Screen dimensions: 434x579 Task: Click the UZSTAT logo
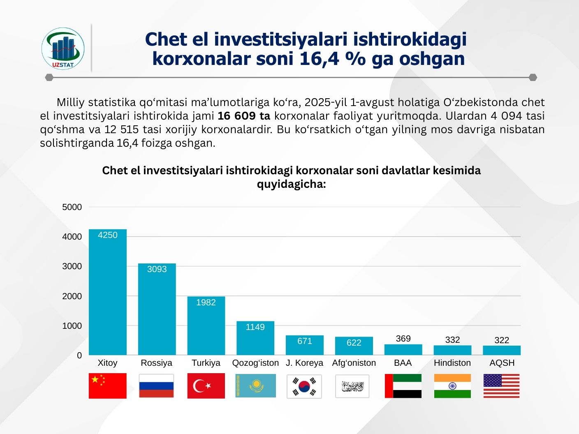[63, 48]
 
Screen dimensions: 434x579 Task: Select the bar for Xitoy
[108, 292]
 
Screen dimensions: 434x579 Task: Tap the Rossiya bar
[157, 309]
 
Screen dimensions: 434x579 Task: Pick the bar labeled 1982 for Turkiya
[206, 325]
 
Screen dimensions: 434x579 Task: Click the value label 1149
[255, 327]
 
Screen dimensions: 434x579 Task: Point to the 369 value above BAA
[403, 339]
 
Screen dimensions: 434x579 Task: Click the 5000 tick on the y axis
[72, 207]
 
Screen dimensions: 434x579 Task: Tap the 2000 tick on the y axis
[72, 296]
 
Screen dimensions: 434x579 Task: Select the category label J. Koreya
[304, 363]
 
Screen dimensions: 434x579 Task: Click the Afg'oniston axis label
[354, 363]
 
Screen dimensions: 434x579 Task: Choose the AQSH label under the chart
[502, 363]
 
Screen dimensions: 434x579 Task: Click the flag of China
[108, 386]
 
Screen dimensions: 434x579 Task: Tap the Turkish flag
[206, 386]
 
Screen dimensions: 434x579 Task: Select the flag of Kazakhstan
[255, 386]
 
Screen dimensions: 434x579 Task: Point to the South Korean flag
[304, 386]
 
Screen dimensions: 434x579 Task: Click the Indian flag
[452, 386]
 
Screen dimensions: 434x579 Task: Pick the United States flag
[501, 386]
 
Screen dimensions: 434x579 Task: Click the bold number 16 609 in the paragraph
[236, 116]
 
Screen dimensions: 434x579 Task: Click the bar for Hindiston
[452, 350]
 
